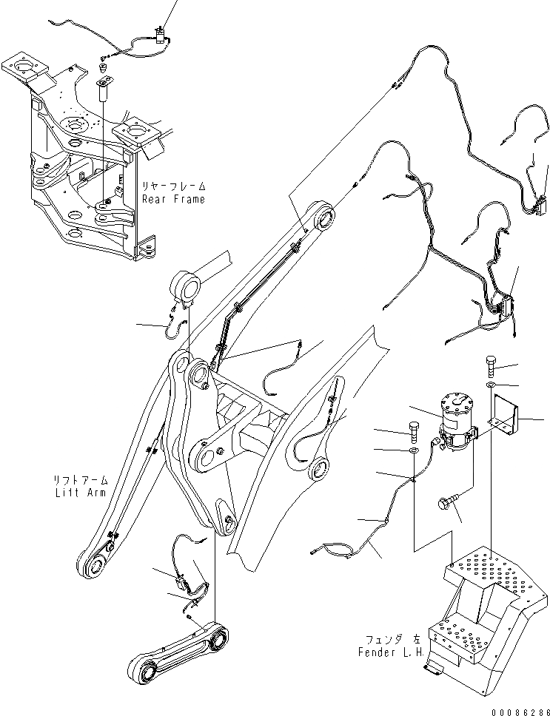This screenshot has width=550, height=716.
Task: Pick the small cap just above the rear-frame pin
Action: pos(104,68)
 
